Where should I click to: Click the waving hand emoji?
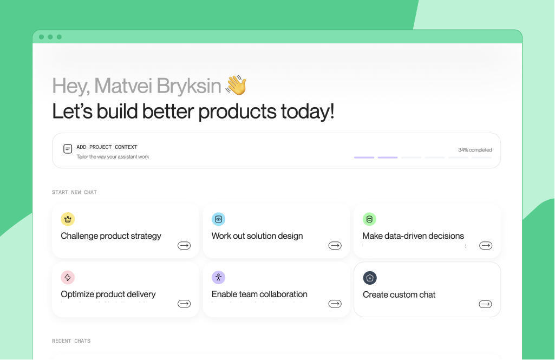(x=236, y=85)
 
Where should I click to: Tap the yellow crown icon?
(x=68, y=219)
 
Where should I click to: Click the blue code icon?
(x=218, y=219)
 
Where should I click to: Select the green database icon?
(x=369, y=219)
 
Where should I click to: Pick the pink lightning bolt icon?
(x=68, y=278)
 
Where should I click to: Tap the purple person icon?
(x=218, y=278)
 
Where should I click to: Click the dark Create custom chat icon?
(x=370, y=278)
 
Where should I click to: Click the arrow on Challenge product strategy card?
(x=184, y=246)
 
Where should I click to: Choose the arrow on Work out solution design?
(x=335, y=246)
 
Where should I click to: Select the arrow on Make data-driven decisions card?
(x=486, y=246)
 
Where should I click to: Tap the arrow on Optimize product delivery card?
(x=184, y=304)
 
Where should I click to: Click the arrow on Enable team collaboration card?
(x=335, y=304)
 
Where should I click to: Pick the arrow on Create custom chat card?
(x=485, y=304)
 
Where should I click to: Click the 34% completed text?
(x=475, y=150)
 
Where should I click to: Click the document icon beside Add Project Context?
(x=68, y=149)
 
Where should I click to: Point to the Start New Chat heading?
(x=74, y=192)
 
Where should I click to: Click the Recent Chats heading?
(x=71, y=341)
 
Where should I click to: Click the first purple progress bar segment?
(x=364, y=158)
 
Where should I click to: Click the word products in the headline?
(x=237, y=112)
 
